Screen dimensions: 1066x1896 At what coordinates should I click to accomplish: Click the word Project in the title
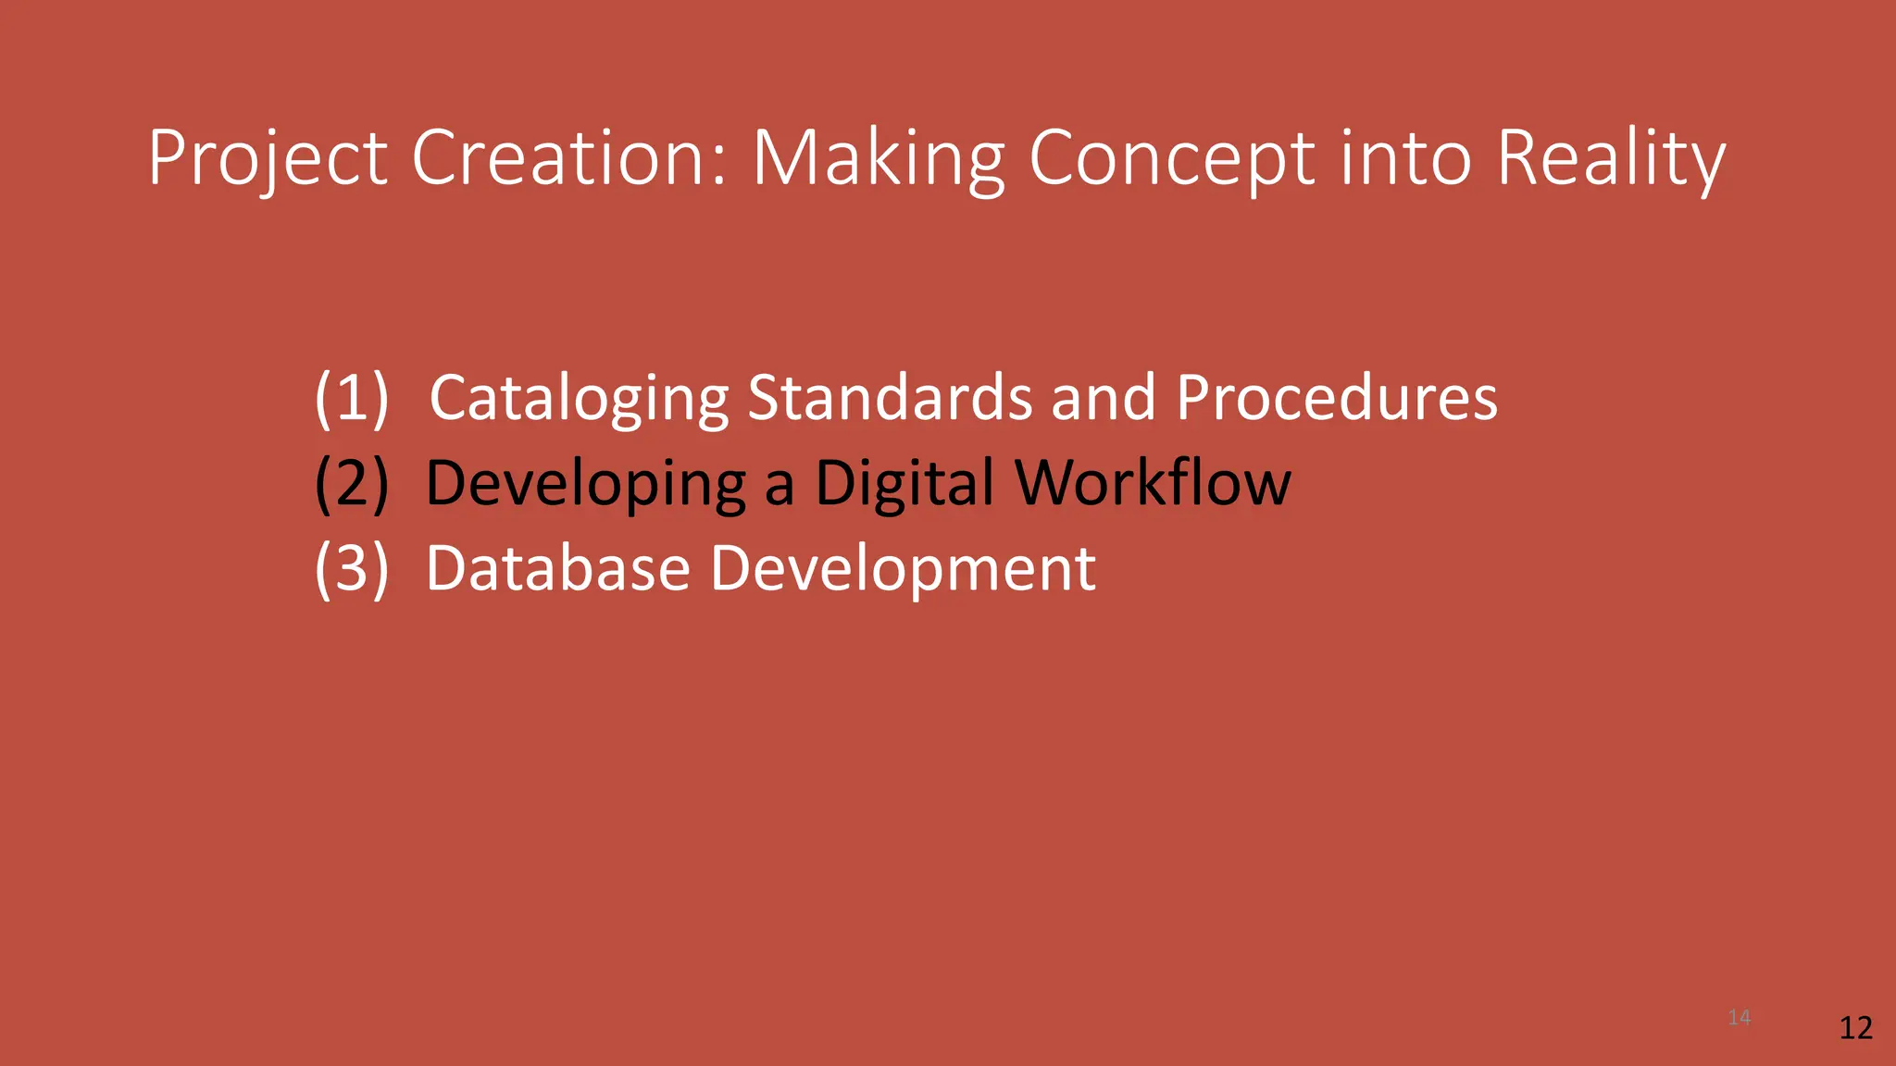point(267,159)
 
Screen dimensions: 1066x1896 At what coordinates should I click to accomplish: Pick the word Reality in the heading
point(1611,159)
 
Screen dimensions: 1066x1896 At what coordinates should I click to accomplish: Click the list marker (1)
point(352,398)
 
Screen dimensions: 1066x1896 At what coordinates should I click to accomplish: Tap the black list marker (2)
point(352,483)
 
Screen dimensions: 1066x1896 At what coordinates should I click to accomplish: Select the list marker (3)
point(352,568)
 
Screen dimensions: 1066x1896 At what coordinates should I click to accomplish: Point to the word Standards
point(889,398)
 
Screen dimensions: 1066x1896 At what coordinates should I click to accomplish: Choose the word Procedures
point(1337,398)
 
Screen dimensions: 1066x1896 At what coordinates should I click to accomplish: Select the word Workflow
point(1153,483)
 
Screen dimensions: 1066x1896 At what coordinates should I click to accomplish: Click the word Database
point(557,568)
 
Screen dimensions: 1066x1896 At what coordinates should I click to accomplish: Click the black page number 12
point(1855,1028)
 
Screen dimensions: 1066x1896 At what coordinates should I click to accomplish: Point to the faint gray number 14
point(1739,1018)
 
